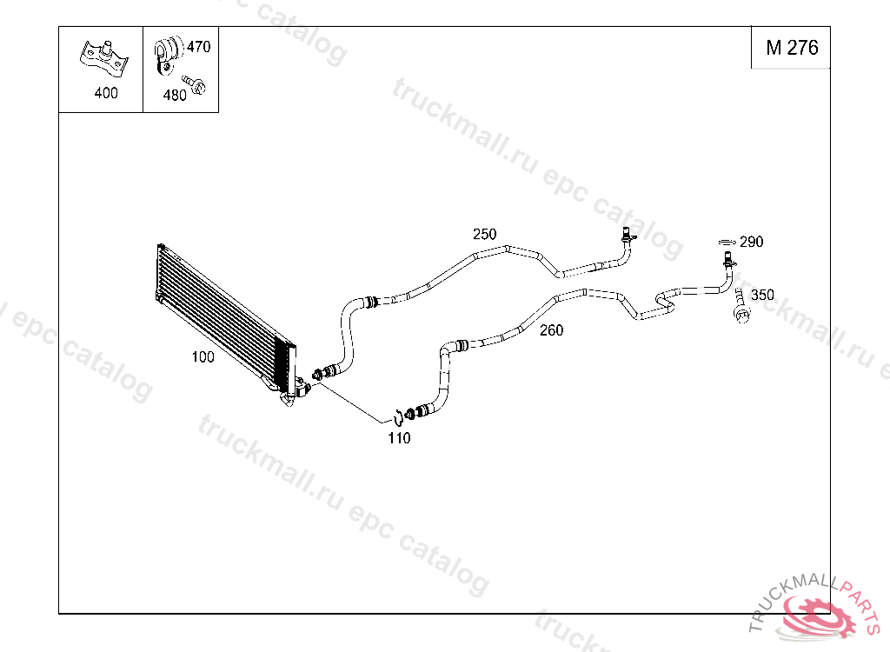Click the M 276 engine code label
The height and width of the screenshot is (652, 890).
(x=791, y=49)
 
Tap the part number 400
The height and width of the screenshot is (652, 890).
(x=106, y=93)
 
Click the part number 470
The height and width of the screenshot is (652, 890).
(x=198, y=47)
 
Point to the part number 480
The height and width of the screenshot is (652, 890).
(x=175, y=96)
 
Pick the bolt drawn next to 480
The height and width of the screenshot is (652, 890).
(x=196, y=85)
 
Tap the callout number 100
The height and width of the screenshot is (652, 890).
(x=203, y=356)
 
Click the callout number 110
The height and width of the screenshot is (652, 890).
(x=399, y=438)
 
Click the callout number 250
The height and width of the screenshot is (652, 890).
(x=484, y=234)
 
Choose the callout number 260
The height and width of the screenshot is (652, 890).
(x=551, y=330)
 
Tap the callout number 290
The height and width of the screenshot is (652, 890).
(x=751, y=242)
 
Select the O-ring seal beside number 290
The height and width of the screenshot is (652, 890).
(x=726, y=241)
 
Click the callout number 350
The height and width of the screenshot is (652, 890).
(x=762, y=295)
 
